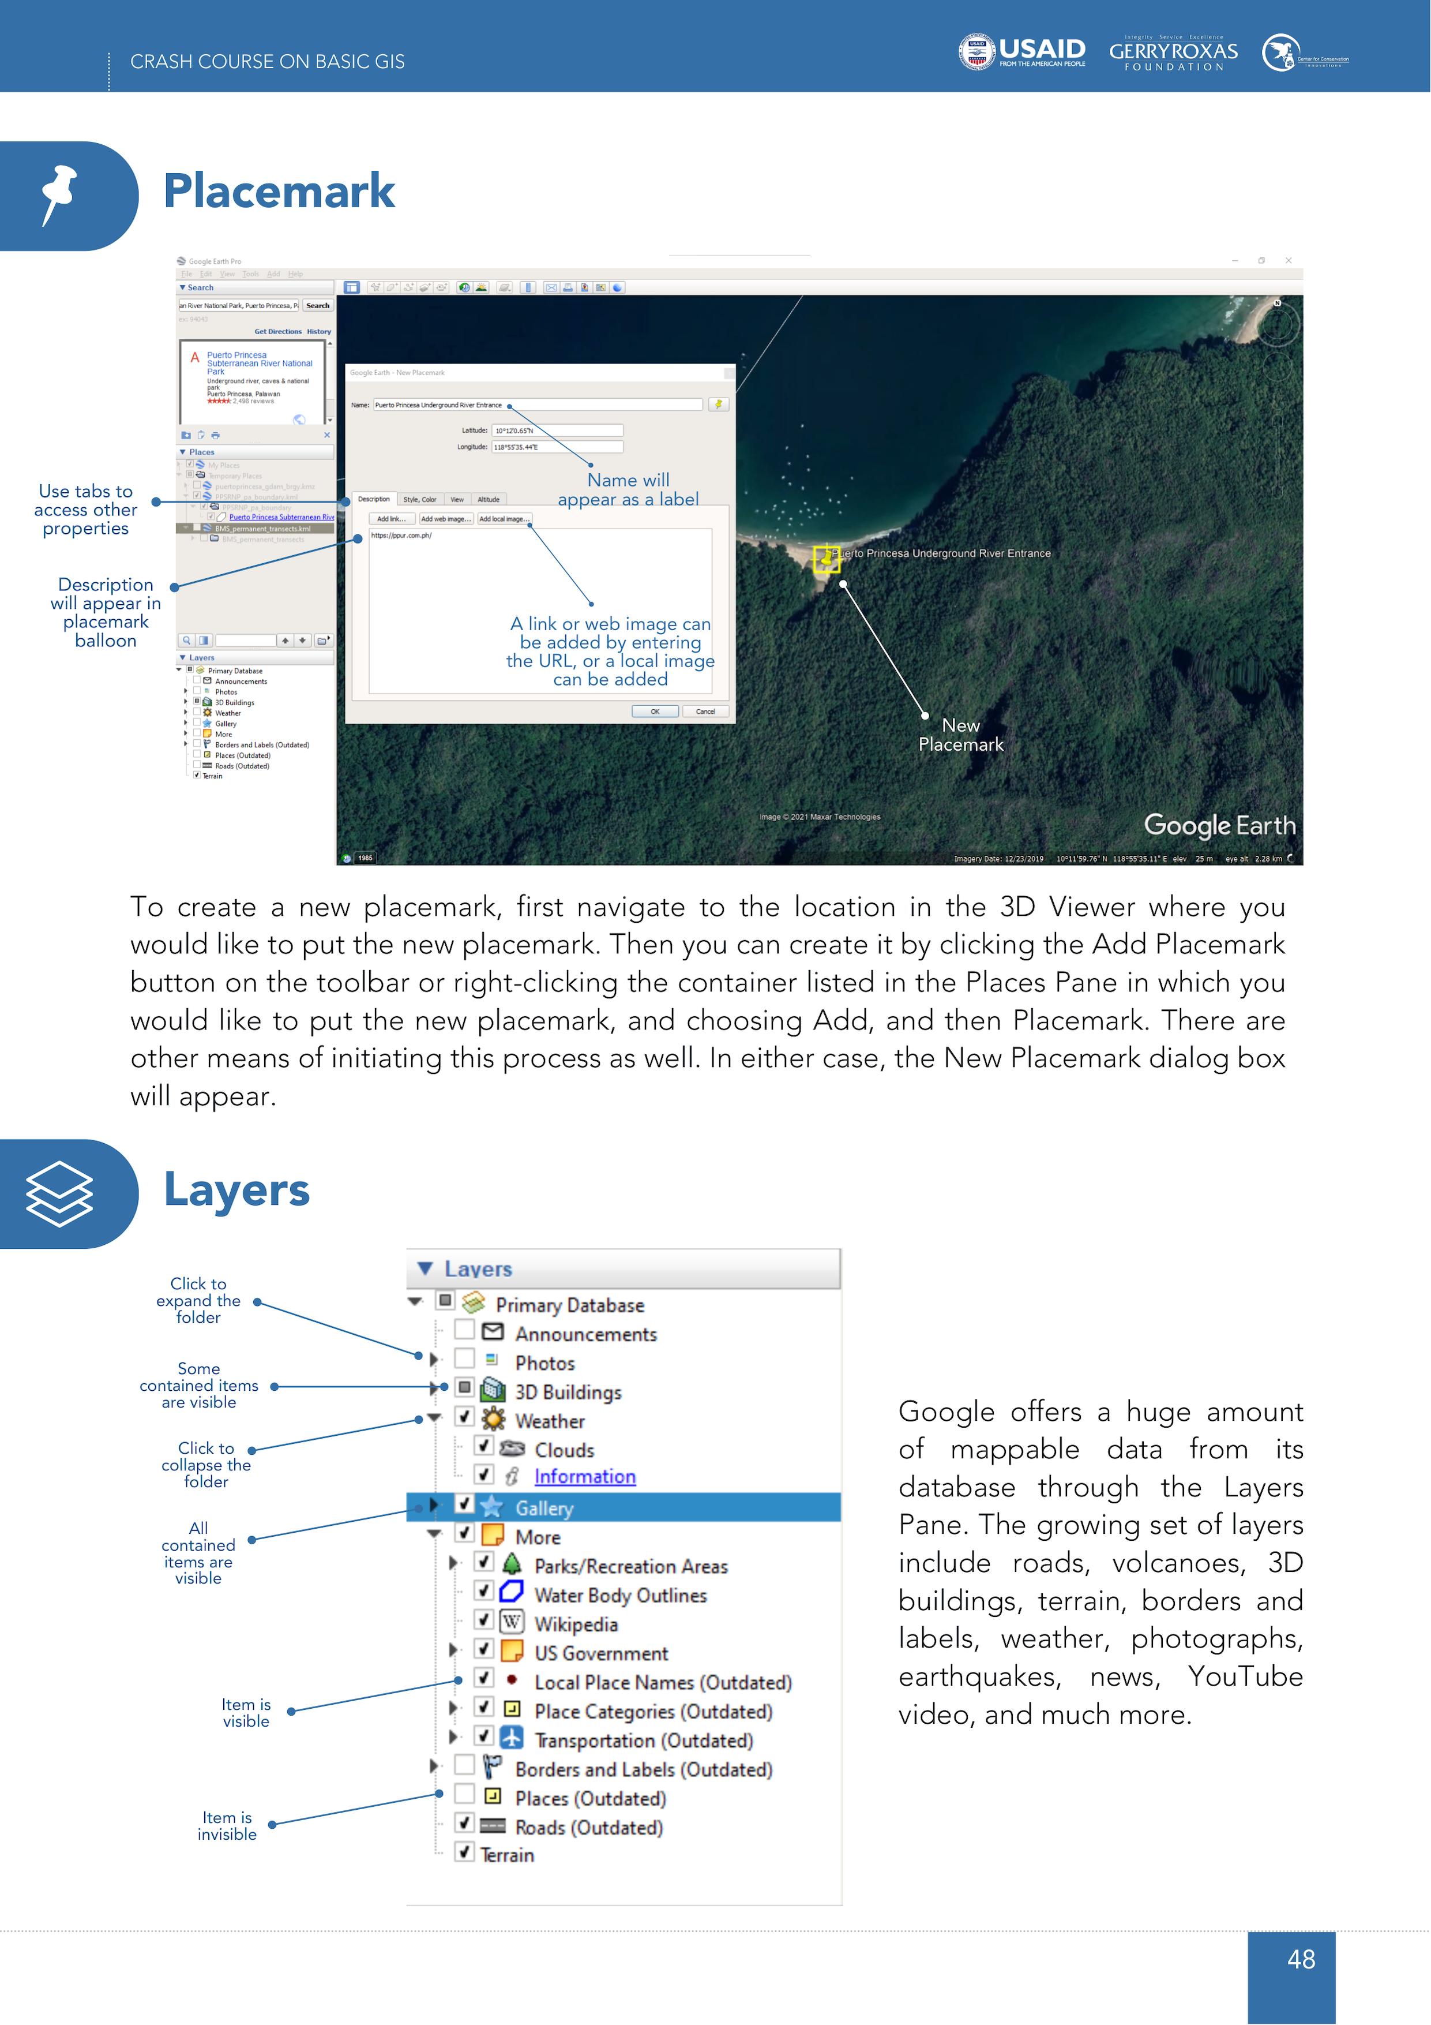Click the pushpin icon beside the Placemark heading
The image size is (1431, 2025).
point(58,194)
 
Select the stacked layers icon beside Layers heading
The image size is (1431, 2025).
point(59,1194)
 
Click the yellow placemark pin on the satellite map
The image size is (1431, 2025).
point(825,558)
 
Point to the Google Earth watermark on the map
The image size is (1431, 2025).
point(1219,825)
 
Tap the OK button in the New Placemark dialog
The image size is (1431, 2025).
point(655,712)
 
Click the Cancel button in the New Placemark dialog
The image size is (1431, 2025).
point(705,712)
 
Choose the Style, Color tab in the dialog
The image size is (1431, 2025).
point(420,499)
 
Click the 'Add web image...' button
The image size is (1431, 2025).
point(445,519)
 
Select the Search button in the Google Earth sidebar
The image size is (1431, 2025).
point(317,306)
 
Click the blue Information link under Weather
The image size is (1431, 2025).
point(584,1476)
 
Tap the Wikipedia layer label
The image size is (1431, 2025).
point(576,1625)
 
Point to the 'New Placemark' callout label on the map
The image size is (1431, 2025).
point(960,735)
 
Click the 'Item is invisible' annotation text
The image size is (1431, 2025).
point(227,1826)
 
